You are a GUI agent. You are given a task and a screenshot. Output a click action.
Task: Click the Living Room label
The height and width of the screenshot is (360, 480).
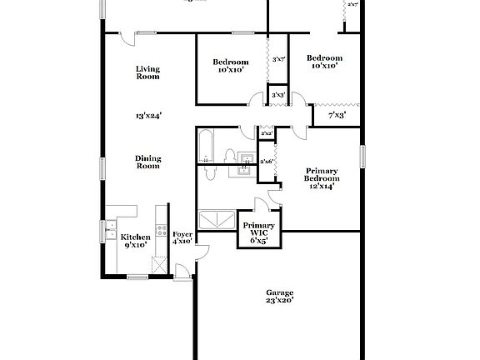tap(147, 72)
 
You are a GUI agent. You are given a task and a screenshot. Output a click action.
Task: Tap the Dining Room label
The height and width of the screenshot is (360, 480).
tap(147, 162)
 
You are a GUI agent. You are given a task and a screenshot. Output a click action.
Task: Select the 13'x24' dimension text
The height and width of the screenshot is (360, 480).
tap(148, 116)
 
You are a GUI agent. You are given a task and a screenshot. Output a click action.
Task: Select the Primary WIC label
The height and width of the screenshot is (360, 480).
tap(259, 231)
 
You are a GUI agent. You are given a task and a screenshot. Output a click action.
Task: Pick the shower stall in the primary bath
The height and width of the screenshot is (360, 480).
tap(219, 220)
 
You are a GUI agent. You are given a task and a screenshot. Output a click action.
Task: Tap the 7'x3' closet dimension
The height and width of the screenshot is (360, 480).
tap(337, 114)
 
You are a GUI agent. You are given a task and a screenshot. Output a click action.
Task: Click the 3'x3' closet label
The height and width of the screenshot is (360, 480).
tap(278, 95)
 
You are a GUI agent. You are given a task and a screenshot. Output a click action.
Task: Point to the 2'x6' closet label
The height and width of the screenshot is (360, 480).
tap(267, 161)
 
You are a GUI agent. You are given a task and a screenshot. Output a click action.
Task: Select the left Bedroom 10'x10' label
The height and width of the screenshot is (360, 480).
tap(230, 66)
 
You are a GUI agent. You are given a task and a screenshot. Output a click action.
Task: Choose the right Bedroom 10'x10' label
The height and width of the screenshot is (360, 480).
tap(323, 62)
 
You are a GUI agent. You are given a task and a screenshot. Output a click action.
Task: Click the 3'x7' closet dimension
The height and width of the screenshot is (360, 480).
tap(279, 59)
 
